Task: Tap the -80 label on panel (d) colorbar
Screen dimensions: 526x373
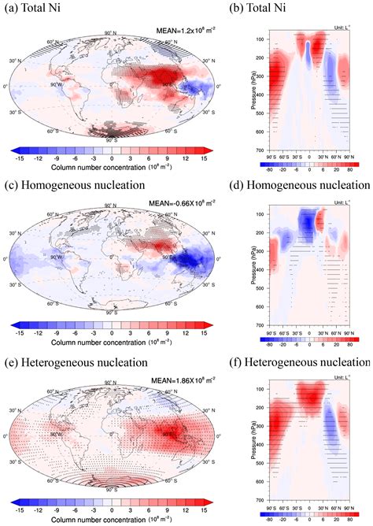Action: [278, 343]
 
